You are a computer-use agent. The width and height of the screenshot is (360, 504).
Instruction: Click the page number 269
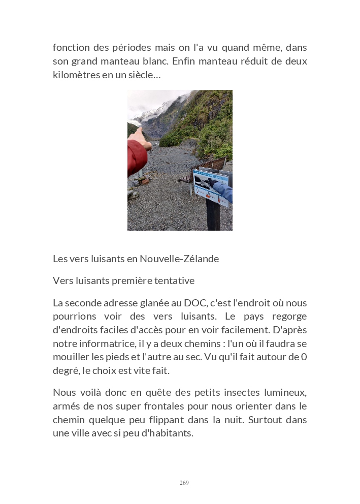tap(184, 483)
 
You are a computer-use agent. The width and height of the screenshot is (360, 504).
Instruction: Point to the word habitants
tap(169, 433)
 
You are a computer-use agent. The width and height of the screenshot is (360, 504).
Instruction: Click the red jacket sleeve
tap(136, 157)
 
